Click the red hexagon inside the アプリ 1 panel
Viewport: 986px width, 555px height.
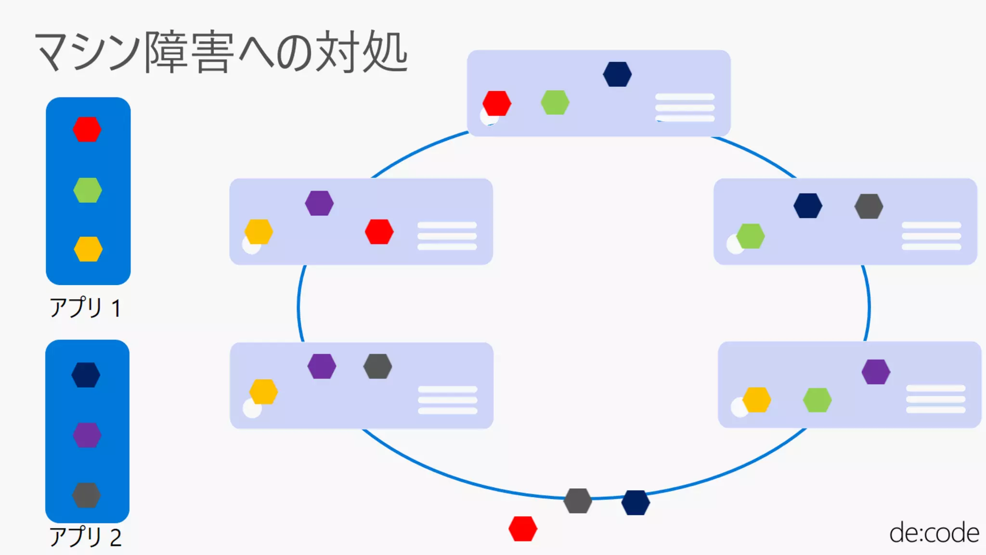pos(87,129)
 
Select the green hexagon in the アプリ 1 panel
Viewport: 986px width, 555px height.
pos(88,190)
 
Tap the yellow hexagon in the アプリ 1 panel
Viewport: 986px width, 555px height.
pos(88,249)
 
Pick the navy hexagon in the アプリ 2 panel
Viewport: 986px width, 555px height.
pos(86,375)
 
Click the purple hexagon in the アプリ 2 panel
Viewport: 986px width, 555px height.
pos(87,435)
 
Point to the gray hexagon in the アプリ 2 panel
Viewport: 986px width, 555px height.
pos(87,495)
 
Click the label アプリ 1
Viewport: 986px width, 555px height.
pos(85,308)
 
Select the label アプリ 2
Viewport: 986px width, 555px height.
pos(85,537)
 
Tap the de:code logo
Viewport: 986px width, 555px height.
pos(934,533)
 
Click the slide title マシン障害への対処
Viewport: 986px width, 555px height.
pos(221,52)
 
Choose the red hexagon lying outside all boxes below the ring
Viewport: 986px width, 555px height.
pos(523,529)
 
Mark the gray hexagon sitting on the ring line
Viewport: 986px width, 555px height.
pos(578,501)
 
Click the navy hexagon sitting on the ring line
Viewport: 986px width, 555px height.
pos(636,503)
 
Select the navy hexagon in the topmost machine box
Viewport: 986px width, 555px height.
pos(617,74)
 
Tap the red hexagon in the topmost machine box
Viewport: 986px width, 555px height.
pos(497,103)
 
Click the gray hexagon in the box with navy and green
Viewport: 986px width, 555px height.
pos(869,206)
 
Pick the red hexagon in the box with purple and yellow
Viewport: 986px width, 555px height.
pos(379,232)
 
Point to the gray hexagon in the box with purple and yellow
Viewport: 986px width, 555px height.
pos(378,366)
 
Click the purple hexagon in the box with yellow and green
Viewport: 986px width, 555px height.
pos(876,372)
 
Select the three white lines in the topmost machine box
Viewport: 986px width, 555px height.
pos(685,107)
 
